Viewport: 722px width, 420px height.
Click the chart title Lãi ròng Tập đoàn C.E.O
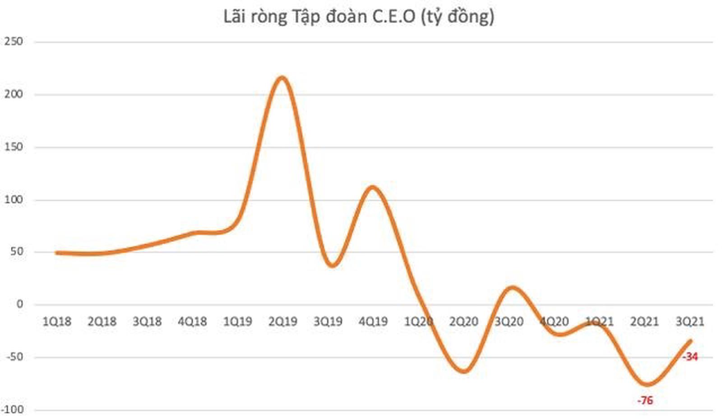pyautogui.click(x=359, y=17)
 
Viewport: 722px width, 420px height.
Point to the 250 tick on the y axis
pyautogui.click(x=14, y=42)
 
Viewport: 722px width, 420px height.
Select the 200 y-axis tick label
pyautogui.click(x=14, y=94)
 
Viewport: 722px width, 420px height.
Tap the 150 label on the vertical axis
pyautogui.click(x=14, y=147)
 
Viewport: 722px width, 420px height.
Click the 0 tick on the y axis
pyautogui.click(x=19, y=304)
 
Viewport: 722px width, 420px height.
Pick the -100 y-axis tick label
pyautogui.click(x=12, y=410)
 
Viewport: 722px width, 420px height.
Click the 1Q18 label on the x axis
pyautogui.click(x=57, y=322)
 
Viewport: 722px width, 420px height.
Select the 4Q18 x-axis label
pyautogui.click(x=192, y=322)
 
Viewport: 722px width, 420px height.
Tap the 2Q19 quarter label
pyautogui.click(x=283, y=322)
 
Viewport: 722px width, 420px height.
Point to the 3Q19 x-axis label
pyautogui.click(x=328, y=322)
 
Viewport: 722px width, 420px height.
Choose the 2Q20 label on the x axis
pyautogui.click(x=463, y=322)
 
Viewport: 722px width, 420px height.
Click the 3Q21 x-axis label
pyautogui.click(x=690, y=322)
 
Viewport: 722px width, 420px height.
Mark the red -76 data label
pyautogui.click(x=645, y=401)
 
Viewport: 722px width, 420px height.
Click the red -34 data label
pyautogui.click(x=690, y=357)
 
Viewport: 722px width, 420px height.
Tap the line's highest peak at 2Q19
pyautogui.click(x=282, y=78)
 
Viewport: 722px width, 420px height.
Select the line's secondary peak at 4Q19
pyautogui.click(x=373, y=187)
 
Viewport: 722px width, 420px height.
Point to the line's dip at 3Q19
pyautogui.click(x=332, y=265)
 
